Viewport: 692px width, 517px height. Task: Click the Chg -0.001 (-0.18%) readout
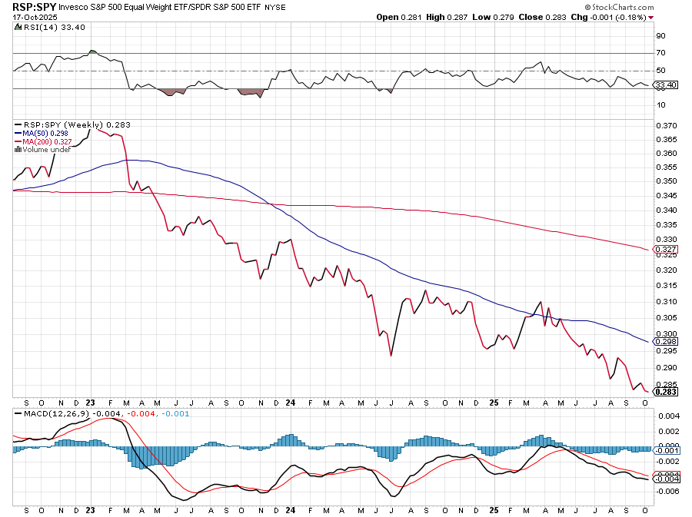point(614,17)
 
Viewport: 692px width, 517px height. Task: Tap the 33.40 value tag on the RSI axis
point(665,85)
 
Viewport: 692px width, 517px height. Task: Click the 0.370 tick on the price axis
point(666,125)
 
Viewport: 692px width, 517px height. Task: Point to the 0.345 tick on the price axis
point(666,196)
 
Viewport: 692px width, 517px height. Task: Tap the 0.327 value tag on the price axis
point(666,249)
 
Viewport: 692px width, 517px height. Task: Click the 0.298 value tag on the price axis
point(666,341)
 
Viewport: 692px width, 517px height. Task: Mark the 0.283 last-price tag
point(666,392)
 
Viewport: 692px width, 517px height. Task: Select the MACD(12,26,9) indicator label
point(53,414)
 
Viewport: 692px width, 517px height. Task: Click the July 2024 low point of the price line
point(391,356)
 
